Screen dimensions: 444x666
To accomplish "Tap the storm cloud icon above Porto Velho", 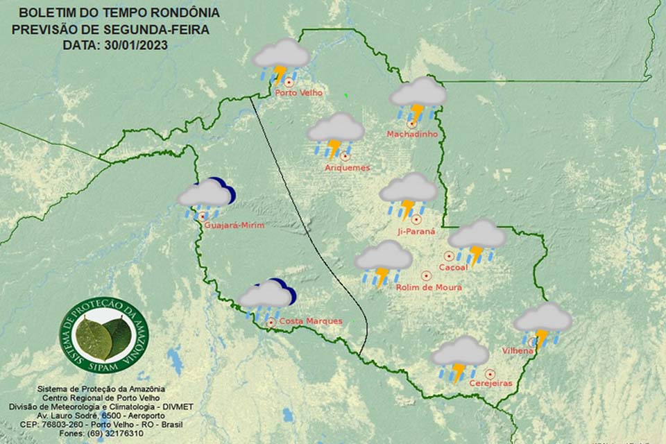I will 281,60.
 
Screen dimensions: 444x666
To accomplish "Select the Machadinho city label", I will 412,134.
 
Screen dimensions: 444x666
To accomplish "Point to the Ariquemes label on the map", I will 348,167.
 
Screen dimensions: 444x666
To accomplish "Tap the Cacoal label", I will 454,266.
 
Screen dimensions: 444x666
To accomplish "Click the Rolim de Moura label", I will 428,287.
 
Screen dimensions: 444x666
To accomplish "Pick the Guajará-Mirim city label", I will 236,225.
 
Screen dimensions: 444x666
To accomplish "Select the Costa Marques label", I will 310,321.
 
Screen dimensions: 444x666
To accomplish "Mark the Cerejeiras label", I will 490,383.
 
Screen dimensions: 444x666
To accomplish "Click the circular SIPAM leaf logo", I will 104,335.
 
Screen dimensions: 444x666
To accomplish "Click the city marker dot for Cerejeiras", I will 490,373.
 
